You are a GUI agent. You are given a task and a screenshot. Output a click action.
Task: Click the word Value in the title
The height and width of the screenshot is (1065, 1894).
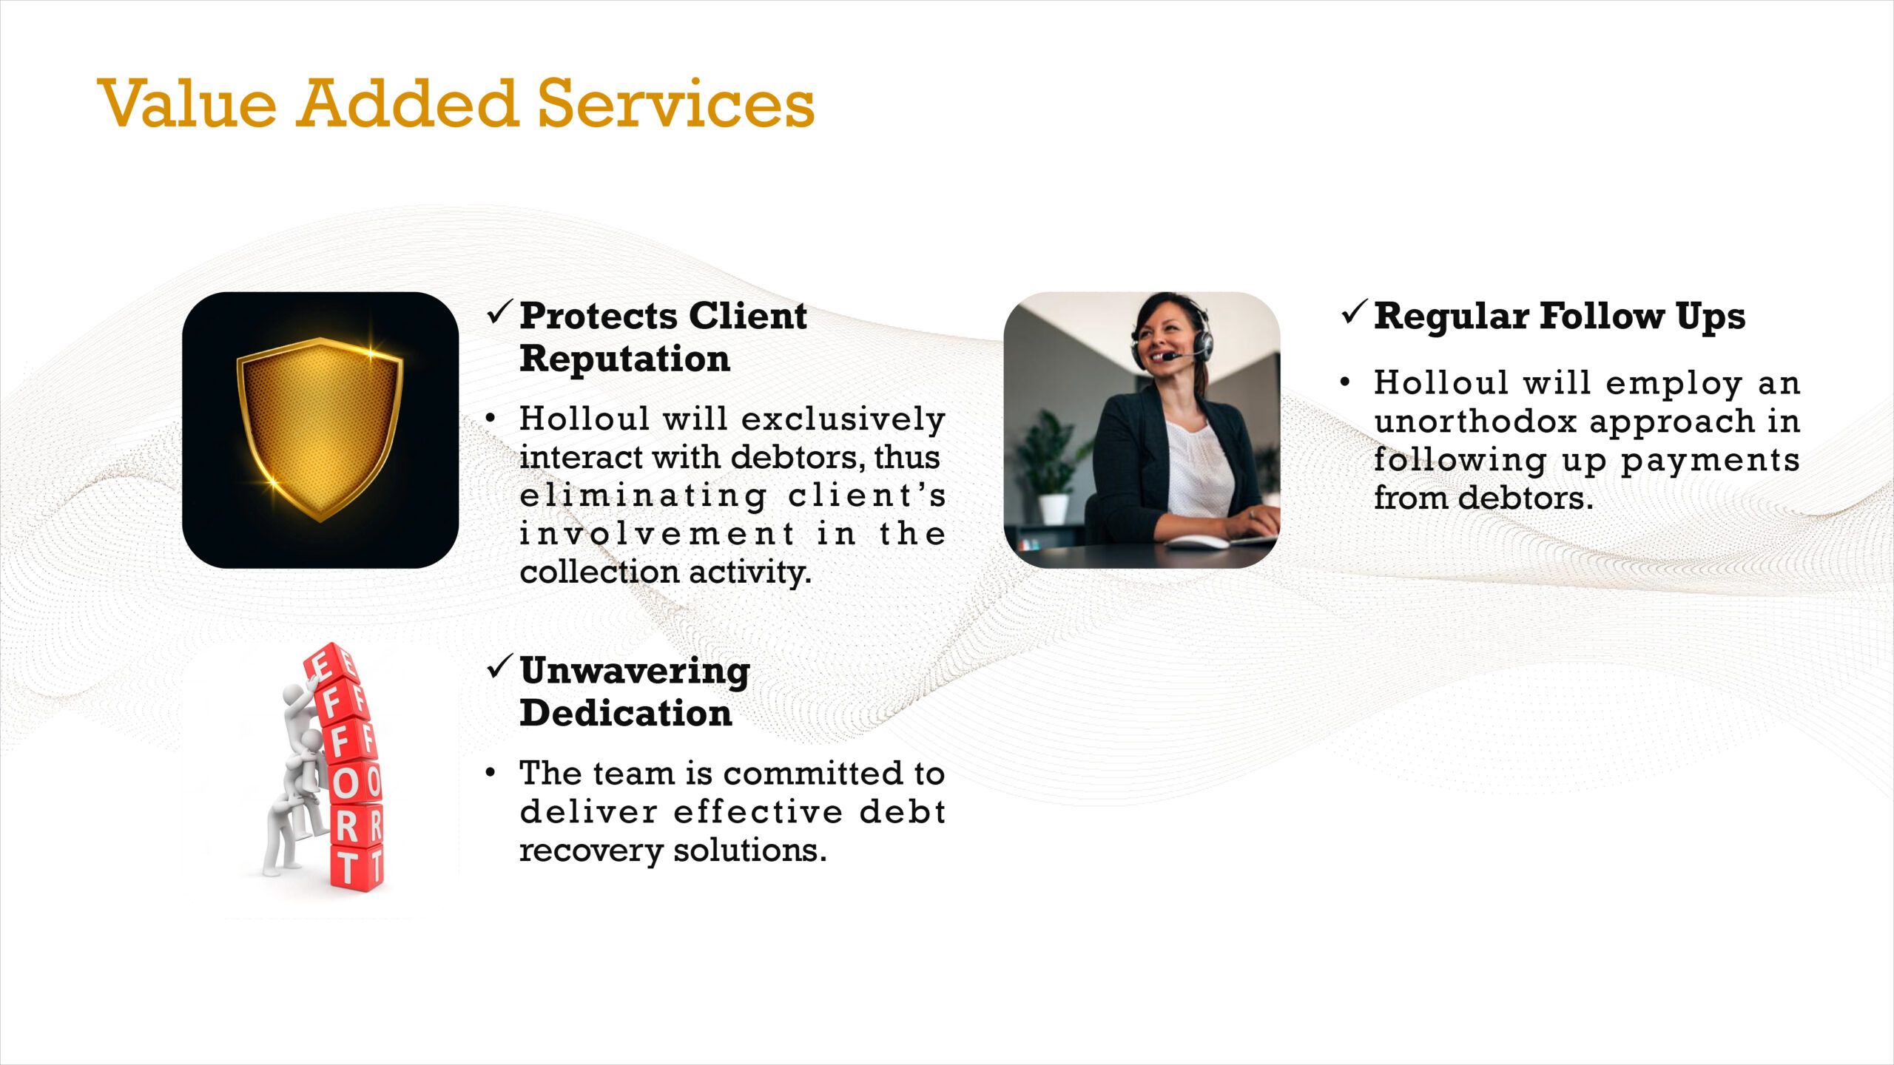click(186, 104)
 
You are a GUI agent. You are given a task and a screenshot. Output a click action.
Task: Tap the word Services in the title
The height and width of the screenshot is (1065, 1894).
click(675, 104)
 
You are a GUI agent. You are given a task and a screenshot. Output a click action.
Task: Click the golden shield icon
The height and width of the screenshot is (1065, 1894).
click(320, 429)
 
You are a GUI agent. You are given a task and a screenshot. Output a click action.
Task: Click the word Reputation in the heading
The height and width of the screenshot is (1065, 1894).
click(624, 359)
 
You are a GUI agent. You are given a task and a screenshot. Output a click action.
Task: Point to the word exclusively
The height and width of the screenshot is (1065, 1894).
click(843, 419)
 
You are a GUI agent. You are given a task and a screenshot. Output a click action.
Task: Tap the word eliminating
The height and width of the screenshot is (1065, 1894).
click(643, 496)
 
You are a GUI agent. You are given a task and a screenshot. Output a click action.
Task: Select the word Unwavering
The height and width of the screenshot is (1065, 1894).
click(635, 672)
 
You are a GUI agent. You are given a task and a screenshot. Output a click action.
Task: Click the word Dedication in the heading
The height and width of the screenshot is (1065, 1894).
click(626, 713)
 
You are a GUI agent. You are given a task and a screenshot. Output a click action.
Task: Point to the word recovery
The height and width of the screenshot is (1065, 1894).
click(591, 851)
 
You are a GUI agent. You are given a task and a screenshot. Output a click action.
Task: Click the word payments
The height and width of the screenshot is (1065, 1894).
click(1710, 461)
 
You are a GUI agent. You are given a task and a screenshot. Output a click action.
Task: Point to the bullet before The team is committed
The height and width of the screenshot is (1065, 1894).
click(491, 773)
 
